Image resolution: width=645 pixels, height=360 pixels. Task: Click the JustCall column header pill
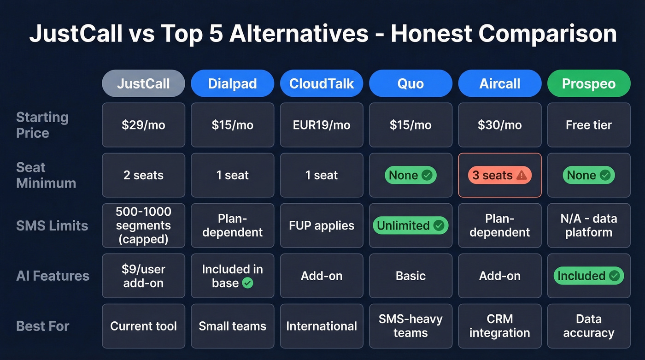point(143,83)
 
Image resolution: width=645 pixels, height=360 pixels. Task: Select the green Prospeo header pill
point(588,83)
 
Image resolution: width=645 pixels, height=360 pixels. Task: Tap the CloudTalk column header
point(322,83)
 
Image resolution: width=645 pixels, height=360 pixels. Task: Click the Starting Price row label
point(42,125)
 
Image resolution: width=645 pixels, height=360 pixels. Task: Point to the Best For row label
point(42,326)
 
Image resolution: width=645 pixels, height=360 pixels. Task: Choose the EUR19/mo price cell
point(322,125)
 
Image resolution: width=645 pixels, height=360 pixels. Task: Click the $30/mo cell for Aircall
point(499,125)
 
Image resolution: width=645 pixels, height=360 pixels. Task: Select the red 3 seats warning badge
point(499,175)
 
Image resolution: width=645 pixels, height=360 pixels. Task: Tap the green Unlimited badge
point(410,225)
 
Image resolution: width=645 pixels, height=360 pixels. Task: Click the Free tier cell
point(588,125)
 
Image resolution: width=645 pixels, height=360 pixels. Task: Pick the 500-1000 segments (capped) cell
point(143,225)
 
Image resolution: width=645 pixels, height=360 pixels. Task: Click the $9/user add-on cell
point(143,276)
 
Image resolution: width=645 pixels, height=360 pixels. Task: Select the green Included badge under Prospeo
point(588,276)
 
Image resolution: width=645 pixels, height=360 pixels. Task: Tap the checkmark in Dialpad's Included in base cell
point(248,283)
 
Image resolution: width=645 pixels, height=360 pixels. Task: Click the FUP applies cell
point(322,225)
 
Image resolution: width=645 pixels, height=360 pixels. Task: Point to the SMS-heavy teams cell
point(410,326)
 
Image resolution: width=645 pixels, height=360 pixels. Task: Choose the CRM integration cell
point(499,326)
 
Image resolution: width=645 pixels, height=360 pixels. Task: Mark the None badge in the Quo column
point(410,175)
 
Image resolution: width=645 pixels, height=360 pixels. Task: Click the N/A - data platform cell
point(588,225)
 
